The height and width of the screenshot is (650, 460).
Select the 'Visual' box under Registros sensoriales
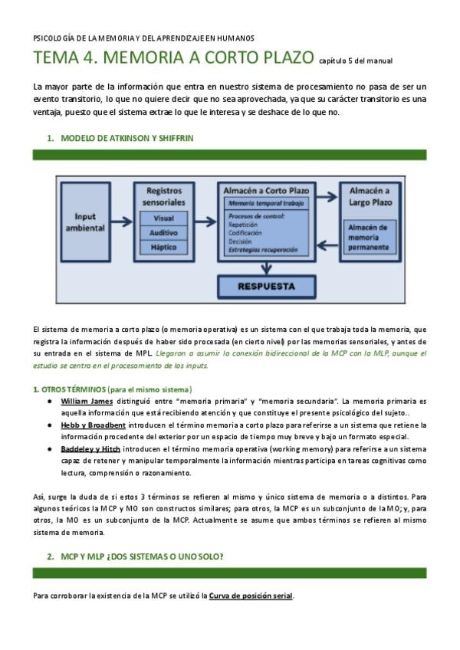click(x=162, y=218)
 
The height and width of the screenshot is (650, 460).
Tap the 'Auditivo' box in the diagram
click(x=162, y=232)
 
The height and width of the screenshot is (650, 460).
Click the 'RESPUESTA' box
click(x=266, y=287)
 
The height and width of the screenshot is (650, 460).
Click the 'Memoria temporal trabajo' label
click(x=265, y=202)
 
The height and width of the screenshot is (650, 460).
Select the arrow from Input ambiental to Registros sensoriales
click(x=123, y=211)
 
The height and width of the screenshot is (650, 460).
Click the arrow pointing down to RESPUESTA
click(x=265, y=268)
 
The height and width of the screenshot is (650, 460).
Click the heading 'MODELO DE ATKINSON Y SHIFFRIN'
click(x=127, y=138)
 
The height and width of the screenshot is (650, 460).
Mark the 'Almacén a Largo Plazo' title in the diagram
click(x=369, y=195)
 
